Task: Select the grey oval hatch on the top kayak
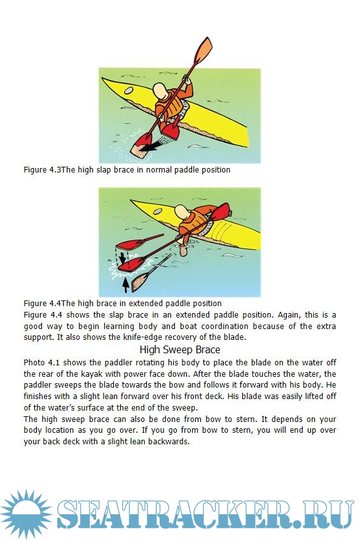(128, 91)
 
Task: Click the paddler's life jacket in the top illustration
(170, 105)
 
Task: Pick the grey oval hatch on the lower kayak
(158, 211)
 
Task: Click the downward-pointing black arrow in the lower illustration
(122, 257)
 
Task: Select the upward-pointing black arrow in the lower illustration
(126, 284)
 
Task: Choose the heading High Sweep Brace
(179, 349)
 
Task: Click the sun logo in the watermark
(26, 514)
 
